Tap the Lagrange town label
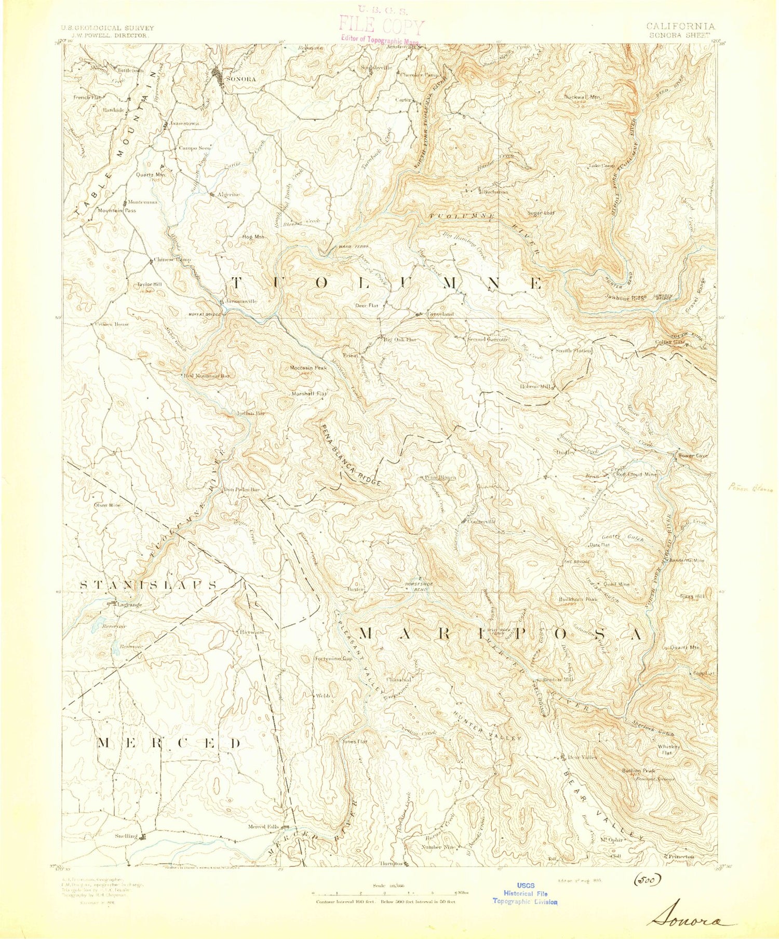point(128,604)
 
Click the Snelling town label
point(126,836)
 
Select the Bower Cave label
point(693,456)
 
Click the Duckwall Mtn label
point(582,97)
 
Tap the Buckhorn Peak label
point(577,599)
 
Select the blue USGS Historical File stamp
point(525,893)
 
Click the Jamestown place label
point(184,124)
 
